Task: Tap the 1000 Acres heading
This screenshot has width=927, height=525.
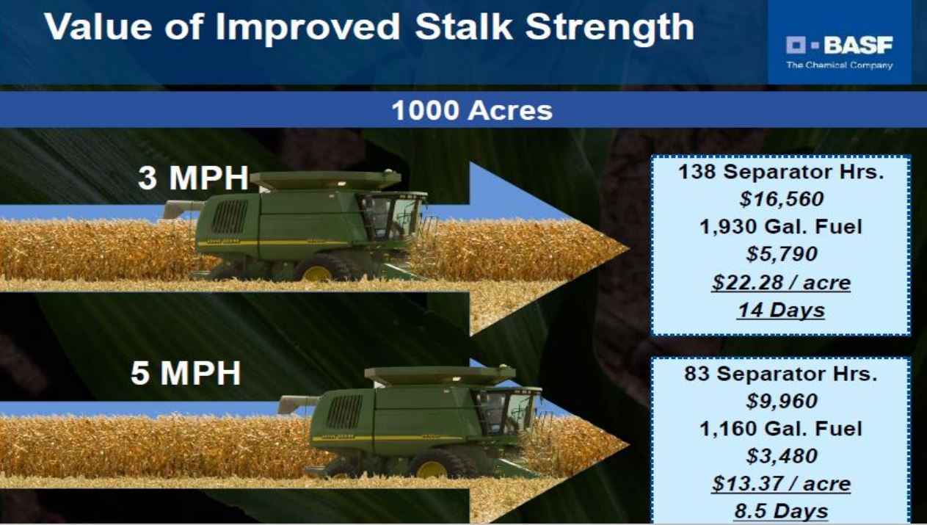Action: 472,111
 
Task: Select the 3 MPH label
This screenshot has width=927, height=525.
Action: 193,178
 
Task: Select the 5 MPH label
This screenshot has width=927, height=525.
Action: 186,372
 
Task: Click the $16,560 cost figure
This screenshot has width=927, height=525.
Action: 782,199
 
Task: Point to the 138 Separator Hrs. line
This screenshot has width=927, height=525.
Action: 781,172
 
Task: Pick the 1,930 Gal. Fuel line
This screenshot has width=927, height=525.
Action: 781,227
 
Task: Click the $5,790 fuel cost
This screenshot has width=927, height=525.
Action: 782,254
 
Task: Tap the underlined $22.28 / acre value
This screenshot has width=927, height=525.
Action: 781,283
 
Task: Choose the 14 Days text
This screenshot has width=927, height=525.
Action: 781,311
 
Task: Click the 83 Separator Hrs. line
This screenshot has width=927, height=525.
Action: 781,374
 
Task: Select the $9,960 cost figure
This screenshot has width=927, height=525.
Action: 782,401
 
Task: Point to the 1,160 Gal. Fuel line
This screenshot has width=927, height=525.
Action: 781,429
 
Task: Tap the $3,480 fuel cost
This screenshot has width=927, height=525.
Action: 782,456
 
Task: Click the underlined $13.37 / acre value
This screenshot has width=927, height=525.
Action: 781,484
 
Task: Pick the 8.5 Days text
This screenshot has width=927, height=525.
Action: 781,511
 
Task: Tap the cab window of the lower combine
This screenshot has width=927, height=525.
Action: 507,411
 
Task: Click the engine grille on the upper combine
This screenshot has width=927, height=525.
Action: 230,216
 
